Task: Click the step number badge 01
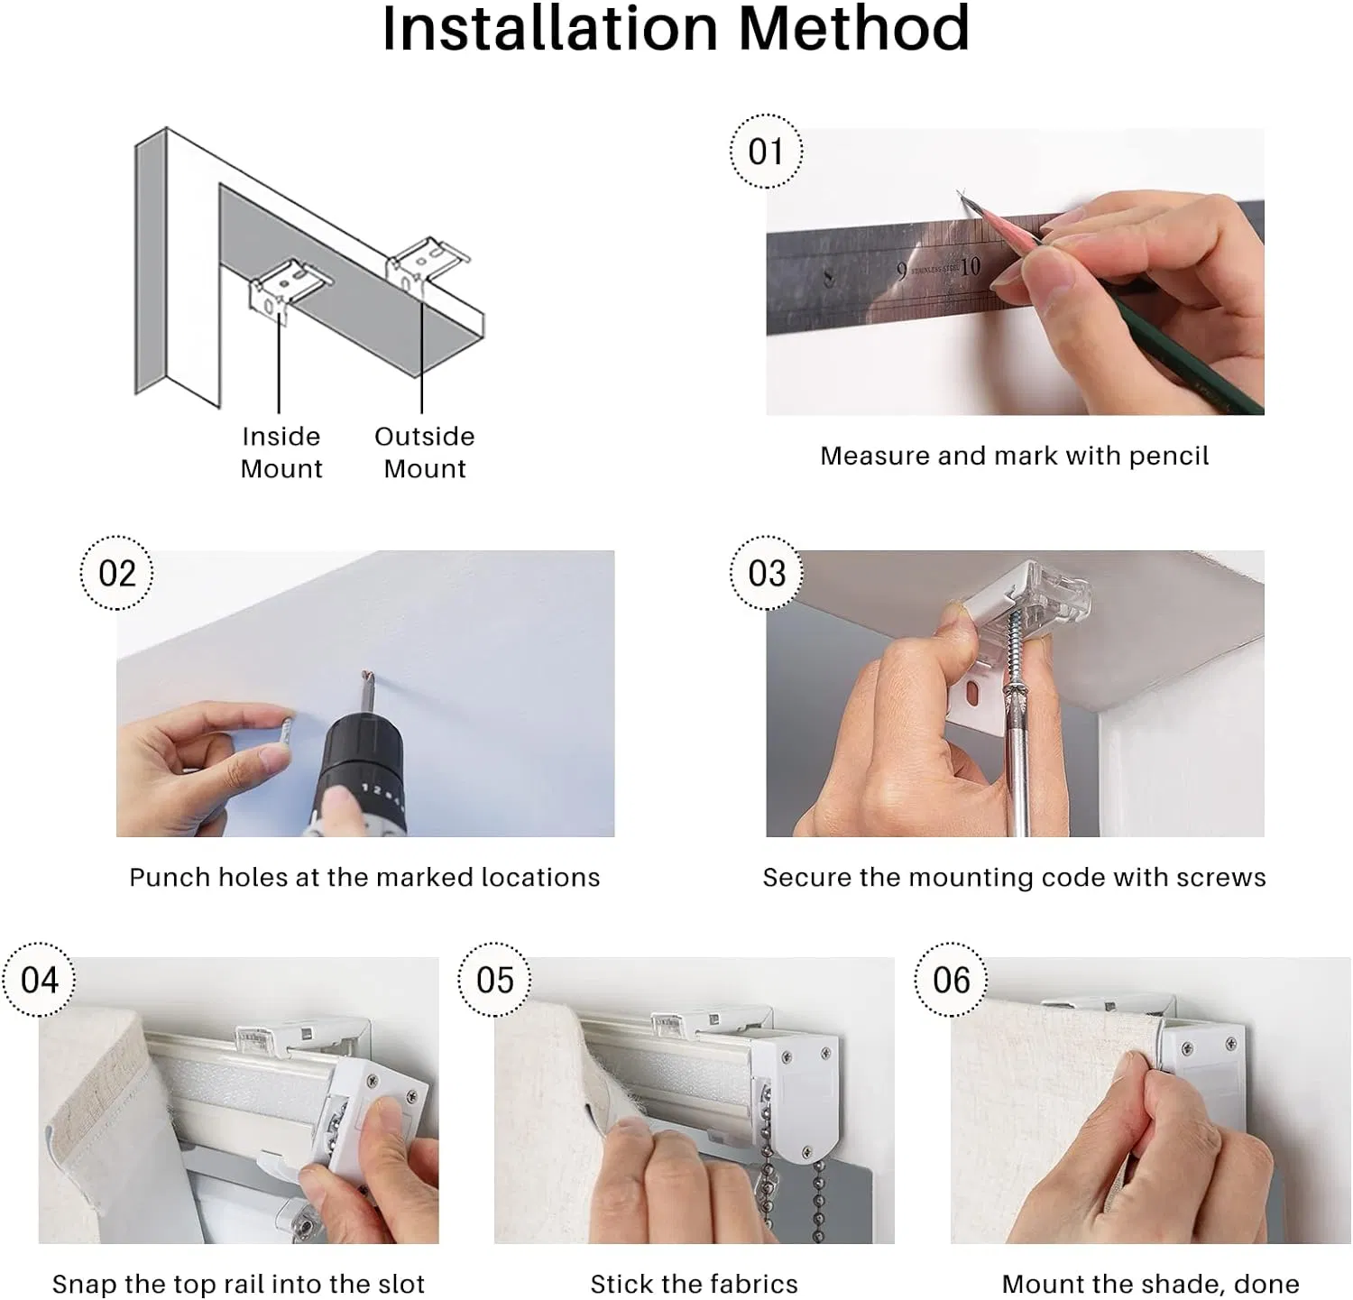[766, 151]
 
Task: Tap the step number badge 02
[116, 573]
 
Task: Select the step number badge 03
[766, 573]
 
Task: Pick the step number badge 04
[40, 980]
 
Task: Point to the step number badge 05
[494, 980]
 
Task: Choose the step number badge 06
[951, 980]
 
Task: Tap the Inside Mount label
[281, 453]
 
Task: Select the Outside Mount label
[424, 453]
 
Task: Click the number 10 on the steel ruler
[970, 267]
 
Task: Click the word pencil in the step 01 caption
[1168, 456]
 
